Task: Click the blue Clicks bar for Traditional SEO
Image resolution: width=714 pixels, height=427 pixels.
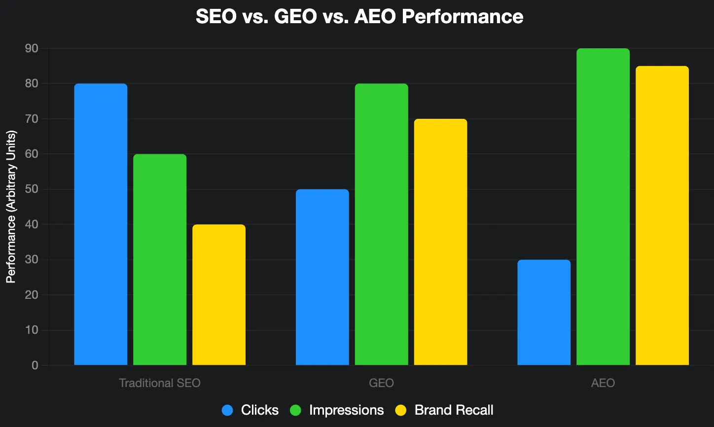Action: (101, 224)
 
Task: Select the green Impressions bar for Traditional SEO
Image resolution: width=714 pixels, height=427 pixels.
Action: (160, 260)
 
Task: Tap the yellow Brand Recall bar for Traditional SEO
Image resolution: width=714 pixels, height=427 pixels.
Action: (219, 295)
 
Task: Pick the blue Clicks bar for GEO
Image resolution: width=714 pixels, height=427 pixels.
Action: (322, 277)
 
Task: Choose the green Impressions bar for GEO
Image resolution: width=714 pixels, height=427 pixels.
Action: (381, 224)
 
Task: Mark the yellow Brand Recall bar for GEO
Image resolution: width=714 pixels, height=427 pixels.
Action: (440, 242)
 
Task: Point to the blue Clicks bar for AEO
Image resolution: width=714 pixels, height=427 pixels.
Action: (544, 313)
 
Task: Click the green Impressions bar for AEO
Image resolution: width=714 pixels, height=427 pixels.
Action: (603, 207)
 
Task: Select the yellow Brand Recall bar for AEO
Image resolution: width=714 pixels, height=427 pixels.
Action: (662, 215)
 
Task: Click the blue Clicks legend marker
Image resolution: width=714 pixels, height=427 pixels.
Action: (228, 410)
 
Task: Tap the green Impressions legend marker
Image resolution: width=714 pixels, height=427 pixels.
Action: (296, 410)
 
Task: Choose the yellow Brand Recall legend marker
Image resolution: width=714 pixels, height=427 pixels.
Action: (401, 410)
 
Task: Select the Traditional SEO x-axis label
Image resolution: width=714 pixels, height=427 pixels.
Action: (160, 383)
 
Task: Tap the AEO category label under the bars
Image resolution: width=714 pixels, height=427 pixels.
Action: (603, 383)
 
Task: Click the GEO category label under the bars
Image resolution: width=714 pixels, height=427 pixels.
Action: (381, 383)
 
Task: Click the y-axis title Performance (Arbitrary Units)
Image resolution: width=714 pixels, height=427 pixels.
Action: (11, 207)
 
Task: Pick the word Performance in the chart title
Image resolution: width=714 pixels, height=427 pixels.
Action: (462, 17)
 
